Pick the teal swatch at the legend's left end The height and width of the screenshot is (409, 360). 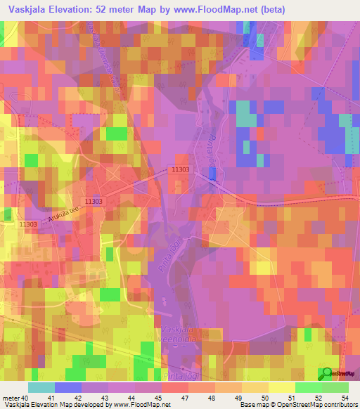click(41, 387)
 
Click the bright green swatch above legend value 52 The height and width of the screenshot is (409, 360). click(309, 387)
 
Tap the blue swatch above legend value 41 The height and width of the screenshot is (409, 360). click(67, 387)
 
